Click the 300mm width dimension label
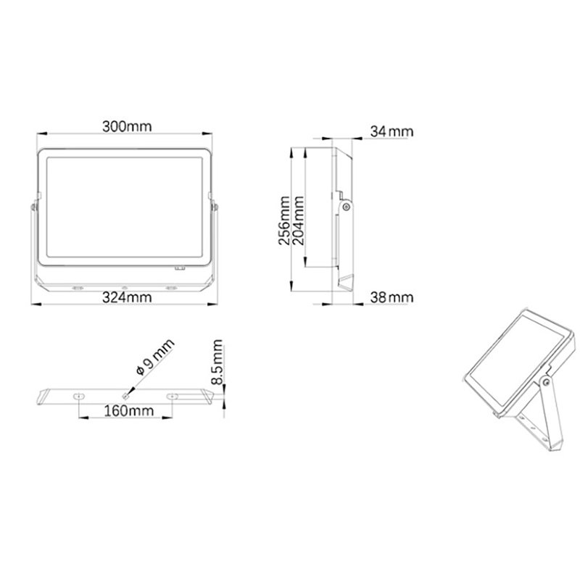click(127, 126)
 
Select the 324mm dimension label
click(127, 297)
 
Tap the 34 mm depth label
click(391, 131)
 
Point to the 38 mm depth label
click(391, 297)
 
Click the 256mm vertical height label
click(284, 220)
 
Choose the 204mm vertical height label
click(298, 220)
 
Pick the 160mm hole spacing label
click(129, 410)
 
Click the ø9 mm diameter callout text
click(155, 357)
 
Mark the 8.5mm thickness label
click(217, 362)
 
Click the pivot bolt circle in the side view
click(347, 207)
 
